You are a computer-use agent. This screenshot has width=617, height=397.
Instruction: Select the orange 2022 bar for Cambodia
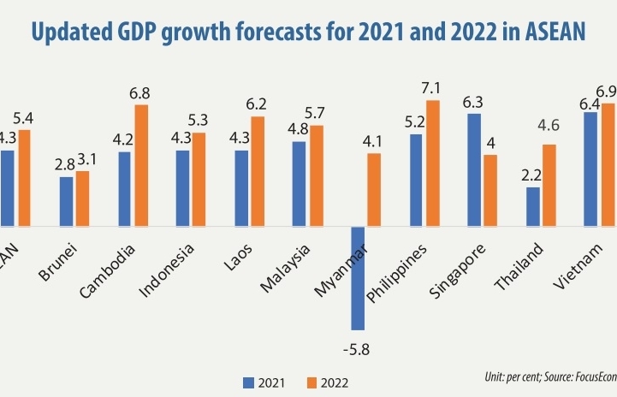(x=141, y=164)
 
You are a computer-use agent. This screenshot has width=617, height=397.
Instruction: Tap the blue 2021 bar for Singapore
(x=474, y=169)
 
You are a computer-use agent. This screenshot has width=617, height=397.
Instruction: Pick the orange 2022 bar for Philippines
(x=433, y=163)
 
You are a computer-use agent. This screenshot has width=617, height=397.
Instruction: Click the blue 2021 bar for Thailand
(x=532, y=206)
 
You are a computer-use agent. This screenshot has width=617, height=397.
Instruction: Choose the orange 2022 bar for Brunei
(x=82, y=198)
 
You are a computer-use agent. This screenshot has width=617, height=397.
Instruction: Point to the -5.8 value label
(x=359, y=349)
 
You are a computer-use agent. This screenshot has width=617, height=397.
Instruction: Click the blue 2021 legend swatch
(x=250, y=382)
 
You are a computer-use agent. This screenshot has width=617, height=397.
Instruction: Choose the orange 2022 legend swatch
(x=311, y=382)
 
